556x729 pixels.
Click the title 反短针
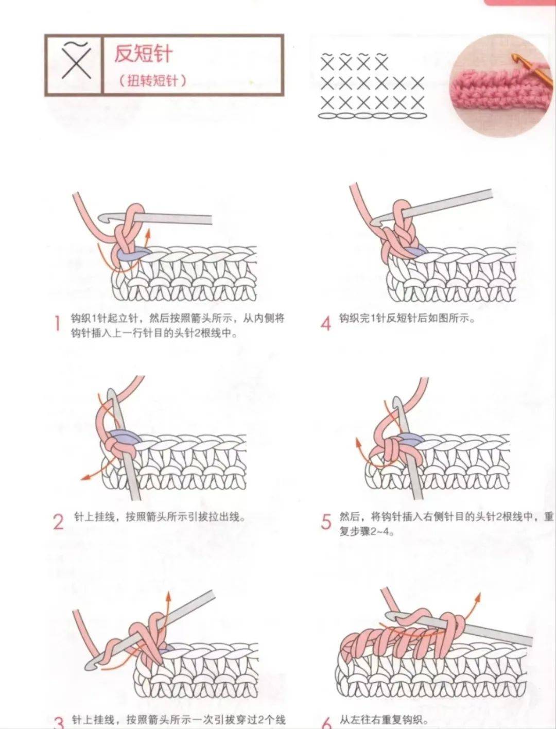tap(143, 54)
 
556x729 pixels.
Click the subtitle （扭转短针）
tap(152, 80)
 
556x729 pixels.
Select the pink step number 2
tap(58, 522)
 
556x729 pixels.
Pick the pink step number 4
tap(325, 324)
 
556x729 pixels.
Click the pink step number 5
tap(325, 522)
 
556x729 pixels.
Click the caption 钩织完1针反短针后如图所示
tap(406, 318)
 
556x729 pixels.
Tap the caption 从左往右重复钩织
tap(383, 720)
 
